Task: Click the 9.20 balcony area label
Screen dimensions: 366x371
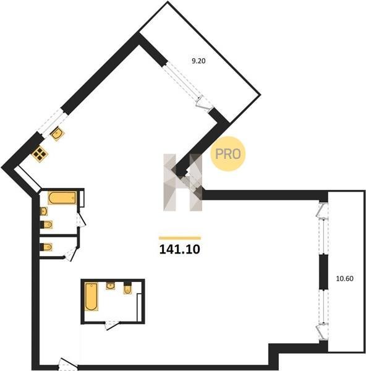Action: tap(198, 61)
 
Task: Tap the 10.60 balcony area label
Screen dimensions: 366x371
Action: tap(345, 279)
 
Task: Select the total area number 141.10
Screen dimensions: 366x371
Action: tap(180, 249)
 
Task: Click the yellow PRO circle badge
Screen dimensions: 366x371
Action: tap(228, 154)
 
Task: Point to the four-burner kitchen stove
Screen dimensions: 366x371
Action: tap(40, 154)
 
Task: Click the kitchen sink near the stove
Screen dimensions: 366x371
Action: tap(57, 134)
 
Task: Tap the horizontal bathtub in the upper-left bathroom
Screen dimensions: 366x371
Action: tap(62, 198)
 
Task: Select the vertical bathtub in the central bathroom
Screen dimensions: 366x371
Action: tap(91, 296)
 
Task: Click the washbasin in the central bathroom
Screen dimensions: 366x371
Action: tap(111, 286)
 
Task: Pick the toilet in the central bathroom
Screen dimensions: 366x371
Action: tap(128, 288)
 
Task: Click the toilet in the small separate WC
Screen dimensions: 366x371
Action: tap(46, 247)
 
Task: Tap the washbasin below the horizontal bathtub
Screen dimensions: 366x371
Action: tap(44, 211)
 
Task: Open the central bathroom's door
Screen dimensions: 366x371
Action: tap(112, 325)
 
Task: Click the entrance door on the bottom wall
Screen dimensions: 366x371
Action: tap(68, 364)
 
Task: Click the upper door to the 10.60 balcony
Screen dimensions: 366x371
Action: tap(322, 210)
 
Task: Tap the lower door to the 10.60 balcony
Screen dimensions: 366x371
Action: tap(322, 331)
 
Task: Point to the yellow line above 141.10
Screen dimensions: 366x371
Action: tap(180, 238)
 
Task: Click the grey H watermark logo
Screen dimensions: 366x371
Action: tap(183, 182)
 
